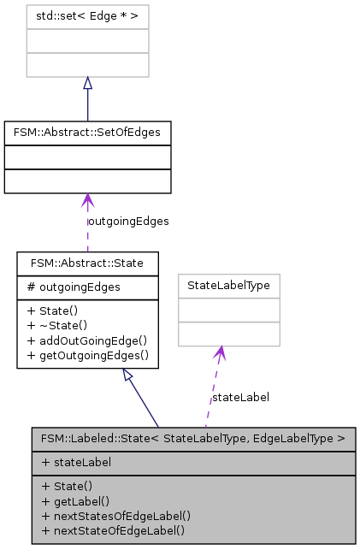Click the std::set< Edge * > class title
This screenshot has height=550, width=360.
pyautogui.click(x=87, y=17)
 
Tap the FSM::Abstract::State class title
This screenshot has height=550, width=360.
pyautogui.click(x=87, y=263)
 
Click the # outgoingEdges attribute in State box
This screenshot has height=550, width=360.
pyautogui.click(x=67, y=287)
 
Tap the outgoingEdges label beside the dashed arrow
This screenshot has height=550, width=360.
pyautogui.click(x=128, y=221)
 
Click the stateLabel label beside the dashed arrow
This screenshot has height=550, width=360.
pyautogui.click(x=240, y=397)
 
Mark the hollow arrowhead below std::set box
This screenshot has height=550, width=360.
pyautogui.click(x=87, y=83)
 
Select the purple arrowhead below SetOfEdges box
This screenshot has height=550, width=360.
pyautogui.click(x=87, y=200)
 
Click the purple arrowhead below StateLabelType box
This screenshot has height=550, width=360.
pyautogui.click(x=221, y=352)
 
